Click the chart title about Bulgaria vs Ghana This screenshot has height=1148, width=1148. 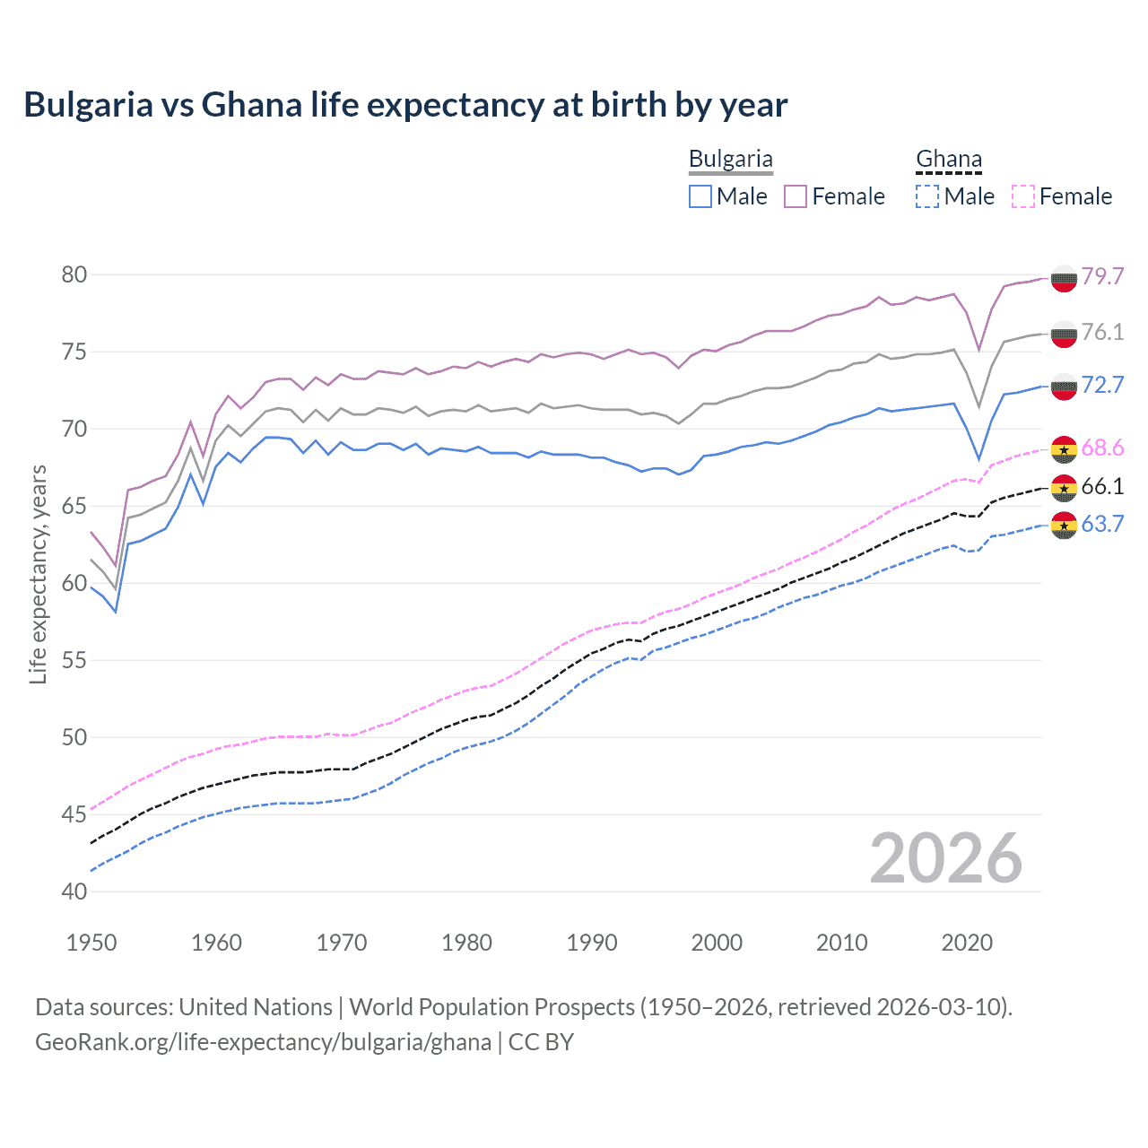(x=405, y=105)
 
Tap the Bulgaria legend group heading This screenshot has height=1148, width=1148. (x=730, y=160)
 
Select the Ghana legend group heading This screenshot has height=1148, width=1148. (x=948, y=160)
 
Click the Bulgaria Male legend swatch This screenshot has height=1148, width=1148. (x=700, y=196)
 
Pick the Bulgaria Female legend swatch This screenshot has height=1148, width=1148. (x=796, y=196)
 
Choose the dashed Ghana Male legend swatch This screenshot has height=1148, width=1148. (x=927, y=196)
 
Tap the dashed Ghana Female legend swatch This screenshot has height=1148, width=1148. (x=1023, y=196)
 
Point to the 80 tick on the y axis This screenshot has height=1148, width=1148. (x=74, y=274)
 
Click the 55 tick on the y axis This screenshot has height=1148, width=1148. (x=74, y=661)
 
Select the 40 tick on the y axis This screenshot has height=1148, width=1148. (x=74, y=891)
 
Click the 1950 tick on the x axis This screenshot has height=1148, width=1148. (x=91, y=943)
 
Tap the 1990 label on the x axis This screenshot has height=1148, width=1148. (x=592, y=943)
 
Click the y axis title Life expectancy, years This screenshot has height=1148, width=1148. (x=38, y=574)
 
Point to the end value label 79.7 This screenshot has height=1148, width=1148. (x=1102, y=276)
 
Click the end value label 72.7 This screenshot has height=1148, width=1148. (x=1102, y=385)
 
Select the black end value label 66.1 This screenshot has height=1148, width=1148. (x=1102, y=486)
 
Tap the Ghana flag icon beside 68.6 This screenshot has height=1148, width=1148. (x=1064, y=448)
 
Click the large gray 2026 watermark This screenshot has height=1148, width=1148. (x=946, y=859)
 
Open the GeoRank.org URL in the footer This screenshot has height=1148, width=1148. (x=263, y=1042)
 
